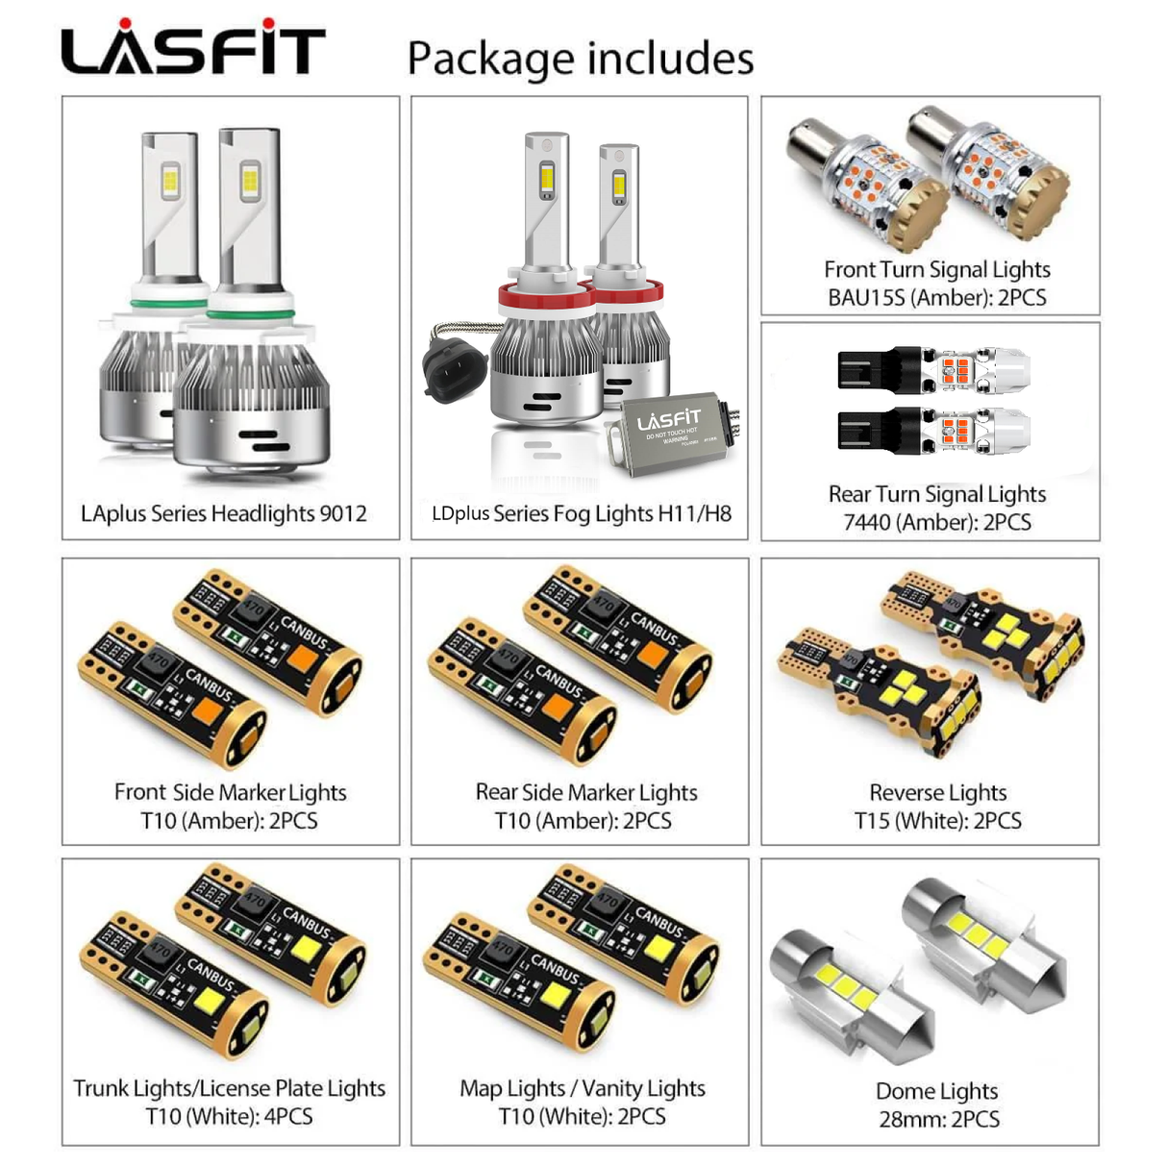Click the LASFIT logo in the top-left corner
(193, 48)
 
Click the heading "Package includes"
(581, 58)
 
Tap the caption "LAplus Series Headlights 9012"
(224, 513)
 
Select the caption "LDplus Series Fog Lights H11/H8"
(582, 513)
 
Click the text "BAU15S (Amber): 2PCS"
(936, 297)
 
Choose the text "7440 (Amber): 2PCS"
(936, 522)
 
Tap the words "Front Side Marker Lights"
(230, 792)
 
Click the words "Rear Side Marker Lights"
(586, 792)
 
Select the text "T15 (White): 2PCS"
(937, 821)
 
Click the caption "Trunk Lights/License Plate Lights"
(230, 1088)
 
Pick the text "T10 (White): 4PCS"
(230, 1116)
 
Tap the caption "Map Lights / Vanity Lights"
(583, 1088)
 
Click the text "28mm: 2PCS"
(939, 1119)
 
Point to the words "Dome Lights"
(936, 1091)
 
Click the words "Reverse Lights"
(937, 792)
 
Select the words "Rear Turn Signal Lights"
(936, 494)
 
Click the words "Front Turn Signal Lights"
(936, 269)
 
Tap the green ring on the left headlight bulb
(169, 304)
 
